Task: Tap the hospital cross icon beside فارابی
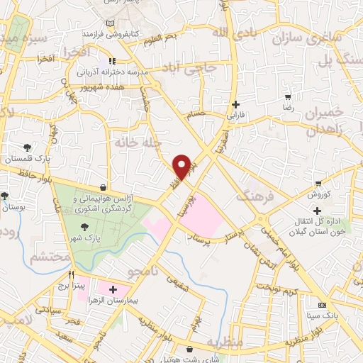click(x=235, y=104)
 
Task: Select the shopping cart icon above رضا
click(x=288, y=97)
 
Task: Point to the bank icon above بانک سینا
click(x=328, y=303)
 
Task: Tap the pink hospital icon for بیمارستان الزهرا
click(x=113, y=289)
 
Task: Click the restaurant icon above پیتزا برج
click(x=71, y=274)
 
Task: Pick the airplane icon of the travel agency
click(x=105, y=187)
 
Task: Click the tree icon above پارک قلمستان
click(x=27, y=147)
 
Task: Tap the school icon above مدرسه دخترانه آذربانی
click(x=111, y=62)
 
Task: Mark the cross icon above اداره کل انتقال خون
click(x=317, y=210)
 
